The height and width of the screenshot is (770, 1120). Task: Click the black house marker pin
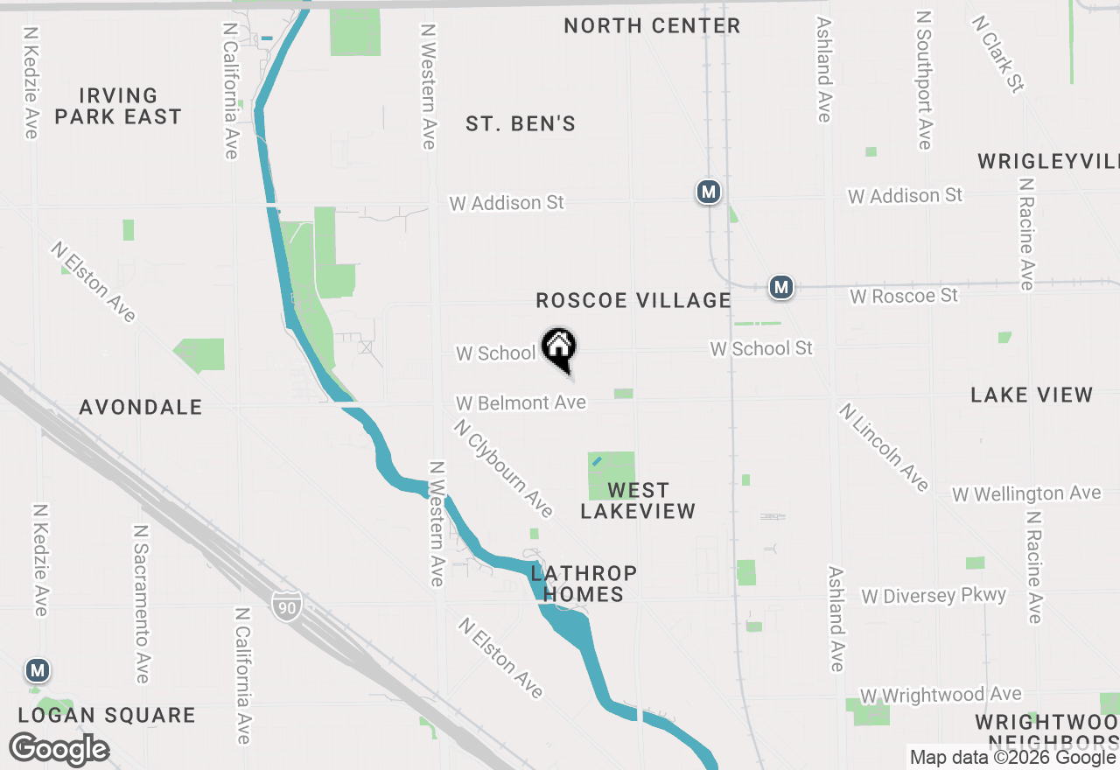coord(559,349)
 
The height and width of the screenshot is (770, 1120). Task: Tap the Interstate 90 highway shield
coord(286,605)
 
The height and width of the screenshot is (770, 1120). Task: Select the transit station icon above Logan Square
coord(37,671)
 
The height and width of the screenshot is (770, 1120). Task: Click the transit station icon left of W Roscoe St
coord(781,286)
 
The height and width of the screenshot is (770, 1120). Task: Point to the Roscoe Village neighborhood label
coord(633,301)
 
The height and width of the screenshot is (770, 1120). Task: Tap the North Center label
coord(652,26)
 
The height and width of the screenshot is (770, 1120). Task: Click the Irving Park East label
coord(118,106)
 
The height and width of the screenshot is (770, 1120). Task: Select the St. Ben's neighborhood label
coord(521,124)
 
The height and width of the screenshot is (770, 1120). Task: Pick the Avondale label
coord(141,407)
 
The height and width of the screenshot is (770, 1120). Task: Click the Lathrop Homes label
coord(584,584)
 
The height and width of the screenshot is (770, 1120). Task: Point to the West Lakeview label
coord(638,500)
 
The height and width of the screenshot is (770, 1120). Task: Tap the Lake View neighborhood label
coord(1032,395)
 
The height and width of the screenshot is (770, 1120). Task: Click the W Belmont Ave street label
coord(521,402)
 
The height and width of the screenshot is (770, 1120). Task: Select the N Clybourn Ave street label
coord(503,467)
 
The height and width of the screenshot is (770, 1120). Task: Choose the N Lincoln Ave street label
coord(884,447)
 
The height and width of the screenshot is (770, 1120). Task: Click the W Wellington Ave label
coord(1026,494)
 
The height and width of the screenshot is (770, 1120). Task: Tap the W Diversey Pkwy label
coord(934,596)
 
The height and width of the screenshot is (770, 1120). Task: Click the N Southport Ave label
coord(925,80)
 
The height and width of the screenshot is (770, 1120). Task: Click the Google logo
coord(59,750)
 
